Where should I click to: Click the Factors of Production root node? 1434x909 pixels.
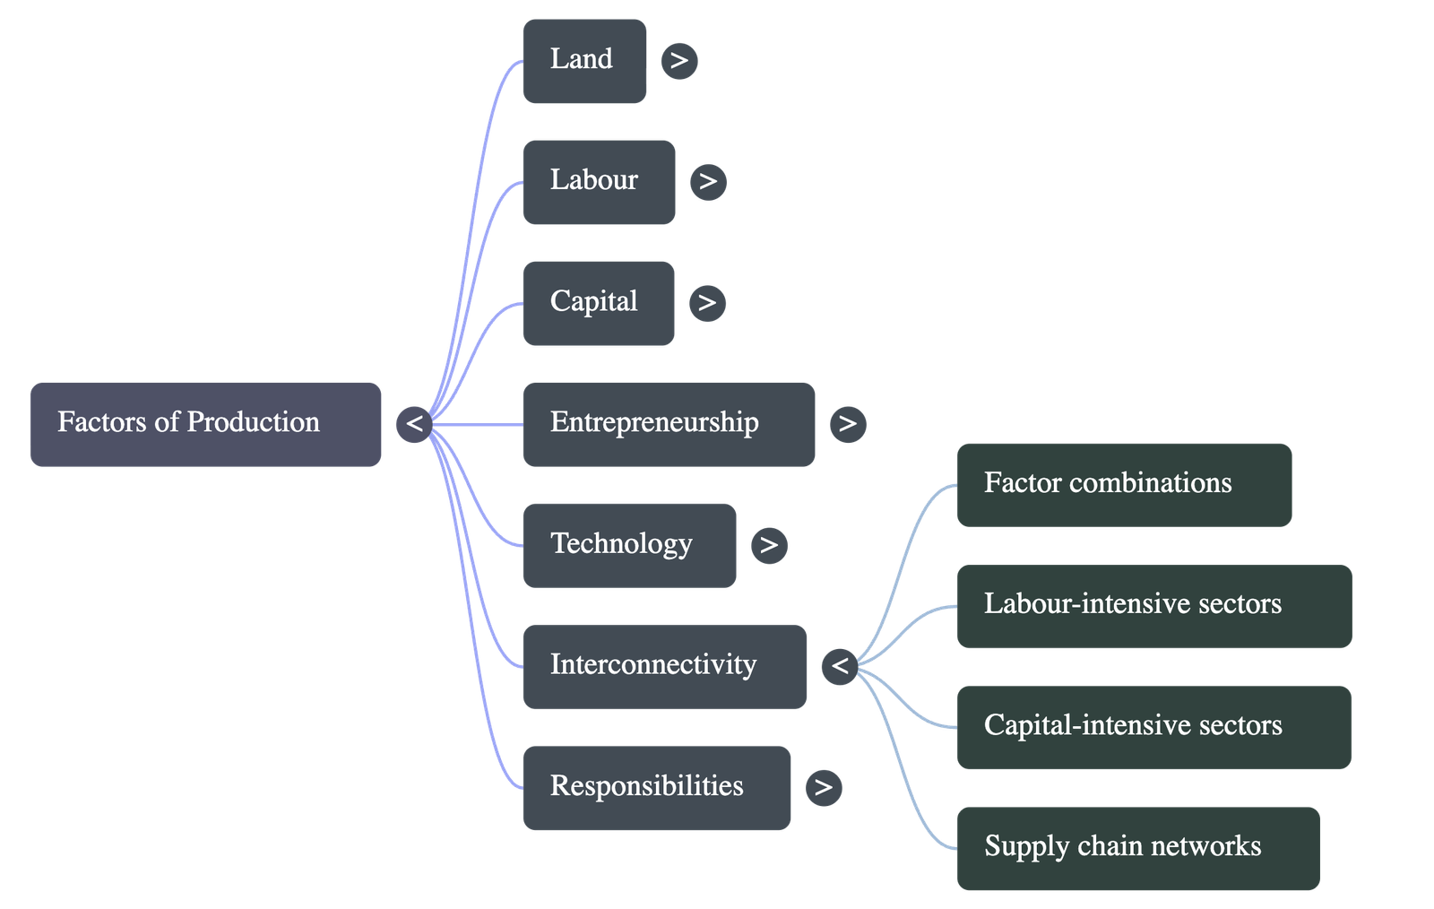206,424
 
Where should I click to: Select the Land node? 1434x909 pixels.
584,61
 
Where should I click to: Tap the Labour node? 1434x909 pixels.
598,182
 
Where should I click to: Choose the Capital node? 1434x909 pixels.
598,303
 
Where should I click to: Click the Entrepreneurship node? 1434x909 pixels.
668,424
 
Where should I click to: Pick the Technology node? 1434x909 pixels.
628,545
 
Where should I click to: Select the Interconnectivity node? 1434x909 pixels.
663,666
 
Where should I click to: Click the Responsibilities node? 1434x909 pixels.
656,787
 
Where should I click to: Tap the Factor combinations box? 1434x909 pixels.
1123,484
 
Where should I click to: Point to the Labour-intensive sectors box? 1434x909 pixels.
1153,606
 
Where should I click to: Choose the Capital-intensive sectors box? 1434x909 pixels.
1153,727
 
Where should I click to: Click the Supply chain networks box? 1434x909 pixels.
1137,848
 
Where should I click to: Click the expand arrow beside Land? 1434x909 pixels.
679,61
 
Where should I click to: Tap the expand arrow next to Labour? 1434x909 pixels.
708,182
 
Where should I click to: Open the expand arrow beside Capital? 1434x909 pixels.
707,303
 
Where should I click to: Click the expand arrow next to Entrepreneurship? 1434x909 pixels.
848,424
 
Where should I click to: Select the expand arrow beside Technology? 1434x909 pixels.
769,545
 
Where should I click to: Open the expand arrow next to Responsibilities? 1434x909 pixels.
824,787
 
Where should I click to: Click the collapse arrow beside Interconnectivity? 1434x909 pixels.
840,666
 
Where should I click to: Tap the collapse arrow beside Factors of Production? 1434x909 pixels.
414,424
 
